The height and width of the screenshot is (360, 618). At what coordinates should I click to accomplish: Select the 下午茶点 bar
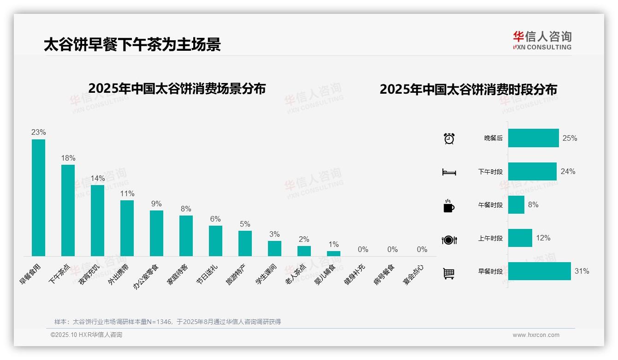pyautogui.click(x=68, y=210)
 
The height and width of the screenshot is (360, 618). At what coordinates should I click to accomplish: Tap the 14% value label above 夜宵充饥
pyautogui.click(x=98, y=179)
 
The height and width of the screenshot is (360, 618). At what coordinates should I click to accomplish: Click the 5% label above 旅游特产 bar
pyautogui.click(x=245, y=224)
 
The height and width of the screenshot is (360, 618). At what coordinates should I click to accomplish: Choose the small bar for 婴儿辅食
pyautogui.click(x=333, y=253)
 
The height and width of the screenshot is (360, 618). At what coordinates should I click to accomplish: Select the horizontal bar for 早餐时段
pyautogui.click(x=539, y=271)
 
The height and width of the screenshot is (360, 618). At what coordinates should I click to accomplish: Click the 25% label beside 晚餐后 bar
pyautogui.click(x=570, y=138)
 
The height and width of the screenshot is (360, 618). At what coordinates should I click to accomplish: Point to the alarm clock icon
pyautogui.click(x=449, y=138)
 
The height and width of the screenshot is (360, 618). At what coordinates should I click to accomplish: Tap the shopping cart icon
pyautogui.click(x=449, y=274)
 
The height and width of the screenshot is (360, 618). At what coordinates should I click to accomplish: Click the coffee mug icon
pyautogui.click(x=449, y=206)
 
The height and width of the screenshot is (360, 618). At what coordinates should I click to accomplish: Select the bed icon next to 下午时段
pyautogui.click(x=449, y=172)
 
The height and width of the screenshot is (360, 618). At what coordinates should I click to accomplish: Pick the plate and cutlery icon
pyautogui.click(x=449, y=240)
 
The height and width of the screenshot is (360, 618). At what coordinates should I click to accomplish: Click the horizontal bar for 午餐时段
pyautogui.click(x=516, y=204)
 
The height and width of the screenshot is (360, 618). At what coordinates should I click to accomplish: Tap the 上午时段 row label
pyautogui.click(x=490, y=239)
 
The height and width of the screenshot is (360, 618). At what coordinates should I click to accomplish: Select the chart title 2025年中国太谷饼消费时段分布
pyautogui.click(x=468, y=90)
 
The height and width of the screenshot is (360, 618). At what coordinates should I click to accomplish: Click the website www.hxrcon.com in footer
pyautogui.click(x=535, y=335)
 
